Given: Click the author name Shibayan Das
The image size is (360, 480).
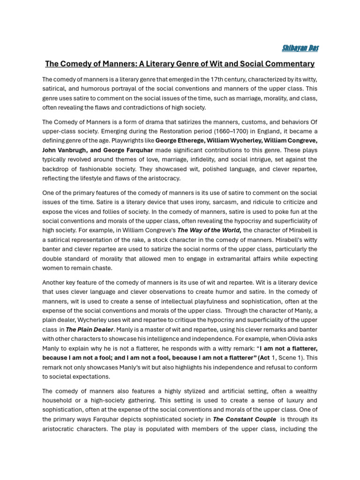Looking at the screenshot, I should coord(300,48).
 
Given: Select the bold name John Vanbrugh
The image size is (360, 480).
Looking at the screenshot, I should coord(64,150).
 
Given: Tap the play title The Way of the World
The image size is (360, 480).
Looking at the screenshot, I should coord(209,230).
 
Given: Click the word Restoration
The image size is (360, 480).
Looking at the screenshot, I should coord(195,131).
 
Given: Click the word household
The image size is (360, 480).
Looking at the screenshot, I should coord(59,400).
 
